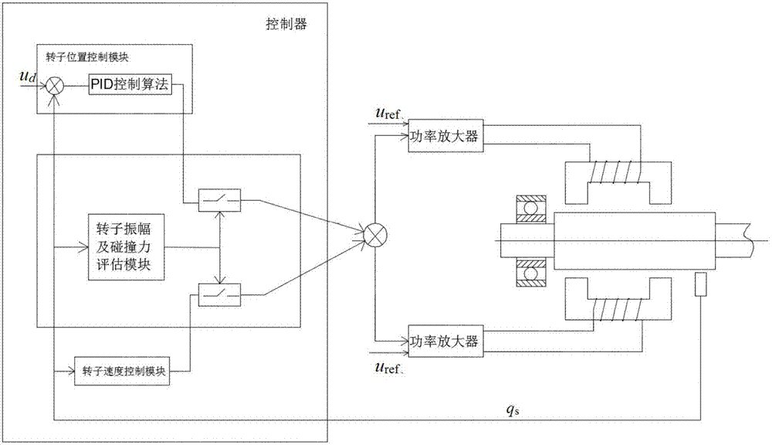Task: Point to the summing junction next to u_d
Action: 54,86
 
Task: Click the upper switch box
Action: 218,202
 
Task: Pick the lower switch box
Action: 218,294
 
